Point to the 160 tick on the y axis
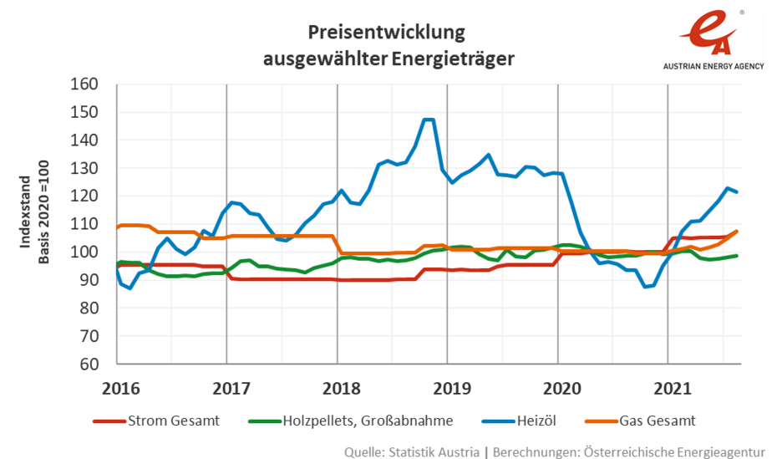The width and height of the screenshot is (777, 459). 88,84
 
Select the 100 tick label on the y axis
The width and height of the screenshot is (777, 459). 88,252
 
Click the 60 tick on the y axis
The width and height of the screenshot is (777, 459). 91,364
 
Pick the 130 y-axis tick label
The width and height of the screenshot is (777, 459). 88,168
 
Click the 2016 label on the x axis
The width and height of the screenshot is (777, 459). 120,388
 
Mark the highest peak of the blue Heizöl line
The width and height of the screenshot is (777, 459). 429,120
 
